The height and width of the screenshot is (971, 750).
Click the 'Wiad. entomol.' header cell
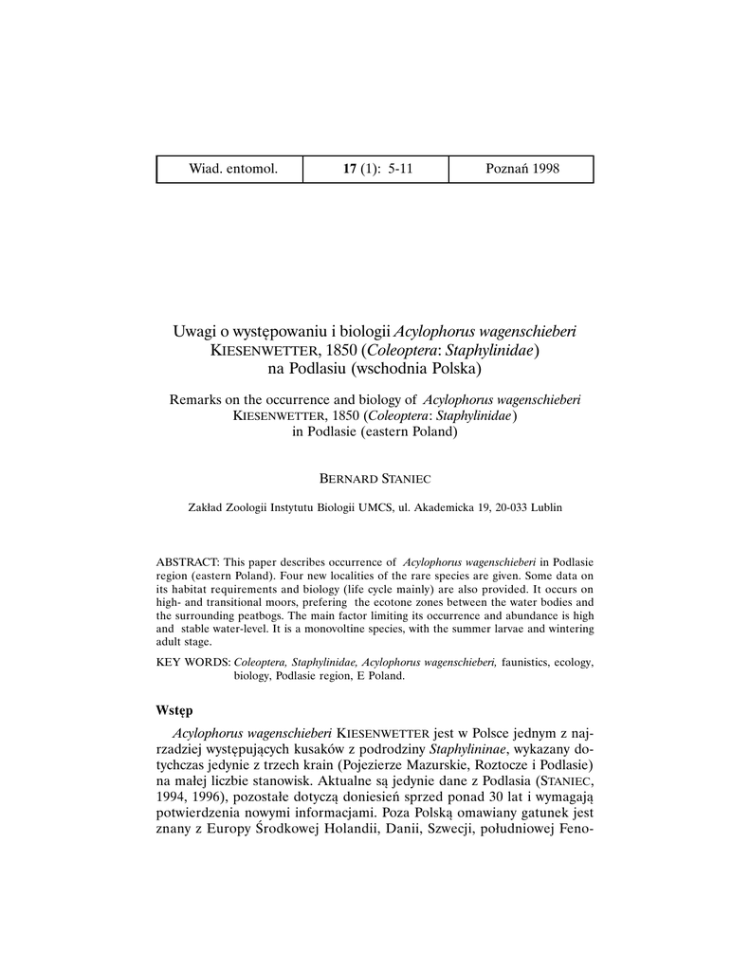click(233, 169)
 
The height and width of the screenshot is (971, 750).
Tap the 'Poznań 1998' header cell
click(522, 169)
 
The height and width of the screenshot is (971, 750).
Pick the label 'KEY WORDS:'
click(192, 662)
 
